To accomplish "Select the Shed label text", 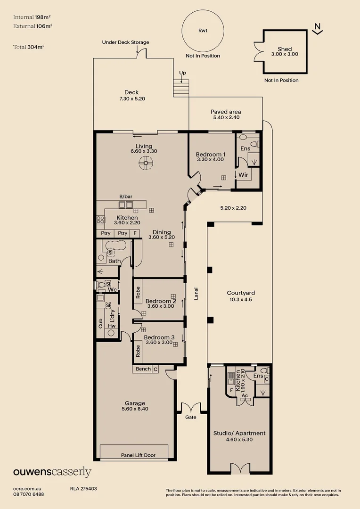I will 285,49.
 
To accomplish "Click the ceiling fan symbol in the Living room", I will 146,164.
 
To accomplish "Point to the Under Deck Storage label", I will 125,42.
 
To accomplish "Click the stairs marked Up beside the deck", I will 181,88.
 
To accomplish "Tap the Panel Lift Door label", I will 138,455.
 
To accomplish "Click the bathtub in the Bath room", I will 117,246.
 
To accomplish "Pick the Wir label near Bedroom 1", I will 243,175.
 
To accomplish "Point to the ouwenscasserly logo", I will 52,472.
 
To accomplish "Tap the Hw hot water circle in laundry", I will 111,332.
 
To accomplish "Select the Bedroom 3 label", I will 159,337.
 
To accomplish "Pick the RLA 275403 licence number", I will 83,489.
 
